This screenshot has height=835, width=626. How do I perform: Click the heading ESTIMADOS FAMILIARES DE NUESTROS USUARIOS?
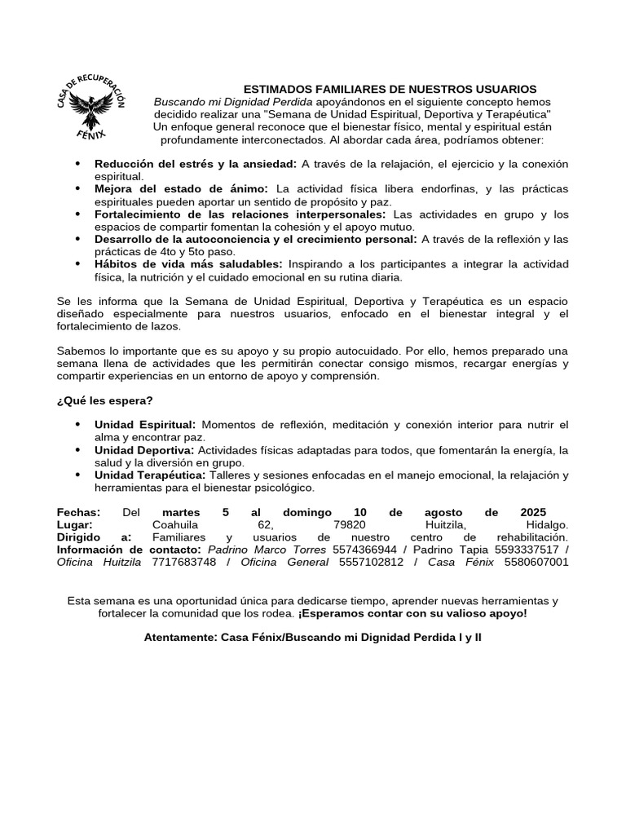(x=390, y=89)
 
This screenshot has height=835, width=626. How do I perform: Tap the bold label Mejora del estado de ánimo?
(x=179, y=189)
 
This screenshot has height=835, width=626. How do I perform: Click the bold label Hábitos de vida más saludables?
(x=188, y=264)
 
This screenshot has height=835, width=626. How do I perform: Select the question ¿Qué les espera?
(x=104, y=400)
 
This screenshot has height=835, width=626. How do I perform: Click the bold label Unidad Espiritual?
(x=145, y=425)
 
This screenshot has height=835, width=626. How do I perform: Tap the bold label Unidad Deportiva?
(x=143, y=450)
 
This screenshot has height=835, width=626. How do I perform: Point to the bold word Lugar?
(x=75, y=525)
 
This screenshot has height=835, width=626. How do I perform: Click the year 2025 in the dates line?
(x=533, y=512)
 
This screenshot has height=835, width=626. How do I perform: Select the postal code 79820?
(x=350, y=525)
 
